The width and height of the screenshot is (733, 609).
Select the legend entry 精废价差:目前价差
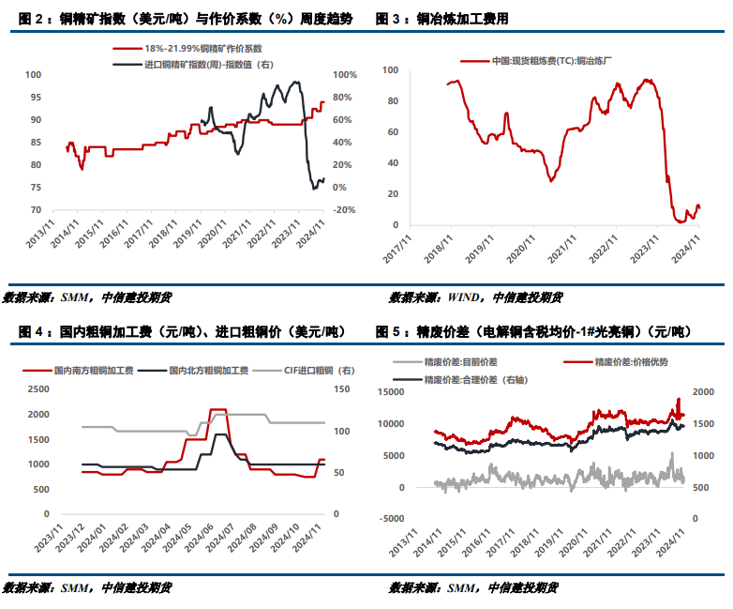463,361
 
